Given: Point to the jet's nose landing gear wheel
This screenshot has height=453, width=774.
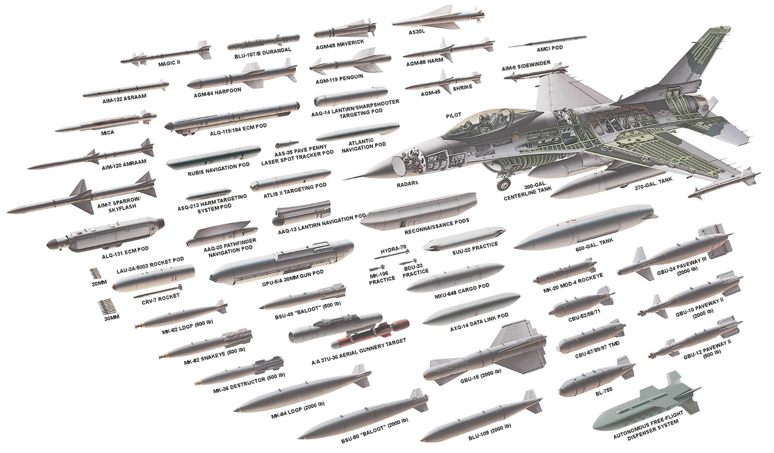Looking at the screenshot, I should click(502, 186).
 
